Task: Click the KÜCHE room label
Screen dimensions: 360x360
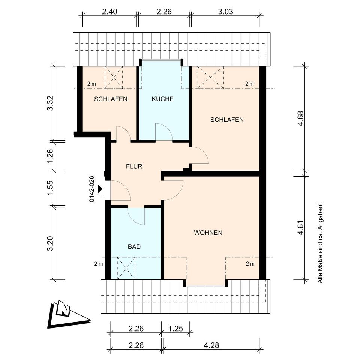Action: tap(162, 99)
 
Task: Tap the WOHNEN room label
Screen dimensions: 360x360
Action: tap(208, 232)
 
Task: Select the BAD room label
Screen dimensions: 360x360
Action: tap(134, 247)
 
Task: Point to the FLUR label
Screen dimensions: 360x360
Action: tap(134, 166)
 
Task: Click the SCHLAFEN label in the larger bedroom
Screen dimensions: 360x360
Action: tap(227, 120)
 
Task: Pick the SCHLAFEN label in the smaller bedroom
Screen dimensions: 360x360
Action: tap(111, 99)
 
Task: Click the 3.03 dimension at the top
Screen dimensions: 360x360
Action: tap(225, 12)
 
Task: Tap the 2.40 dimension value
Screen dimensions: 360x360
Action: tap(109, 12)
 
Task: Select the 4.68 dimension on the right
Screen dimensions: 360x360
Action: tap(300, 118)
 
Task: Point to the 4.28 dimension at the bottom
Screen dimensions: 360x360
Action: tap(211, 345)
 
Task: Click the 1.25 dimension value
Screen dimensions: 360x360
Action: tap(175, 328)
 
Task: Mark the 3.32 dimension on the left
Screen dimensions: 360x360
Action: tap(50, 103)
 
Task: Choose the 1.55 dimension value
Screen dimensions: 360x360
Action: tap(50, 188)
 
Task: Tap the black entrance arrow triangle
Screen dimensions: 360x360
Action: tap(100, 189)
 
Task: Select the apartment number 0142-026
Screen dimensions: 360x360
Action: tap(92, 189)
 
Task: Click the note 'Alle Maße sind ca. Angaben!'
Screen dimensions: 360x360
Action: tap(320, 243)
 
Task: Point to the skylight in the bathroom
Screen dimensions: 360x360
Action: tap(126, 268)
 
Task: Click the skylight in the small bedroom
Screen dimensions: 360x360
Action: tap(114, 77)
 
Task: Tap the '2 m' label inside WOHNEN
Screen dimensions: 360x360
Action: tap(250, 264)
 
